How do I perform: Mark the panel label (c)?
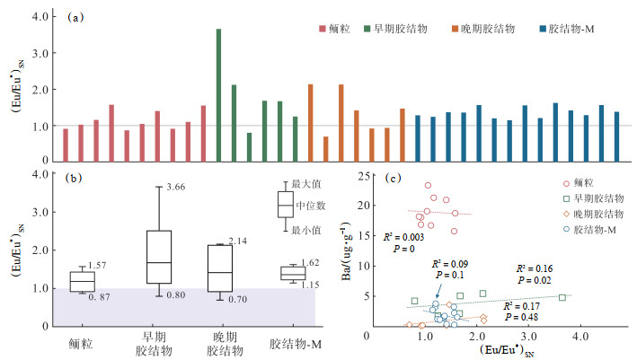[x=392, y=177]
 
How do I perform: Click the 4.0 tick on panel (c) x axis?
[x=580, y=336]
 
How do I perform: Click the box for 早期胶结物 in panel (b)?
[x=158, y=259]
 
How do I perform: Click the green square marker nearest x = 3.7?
[x=562, y=297]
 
